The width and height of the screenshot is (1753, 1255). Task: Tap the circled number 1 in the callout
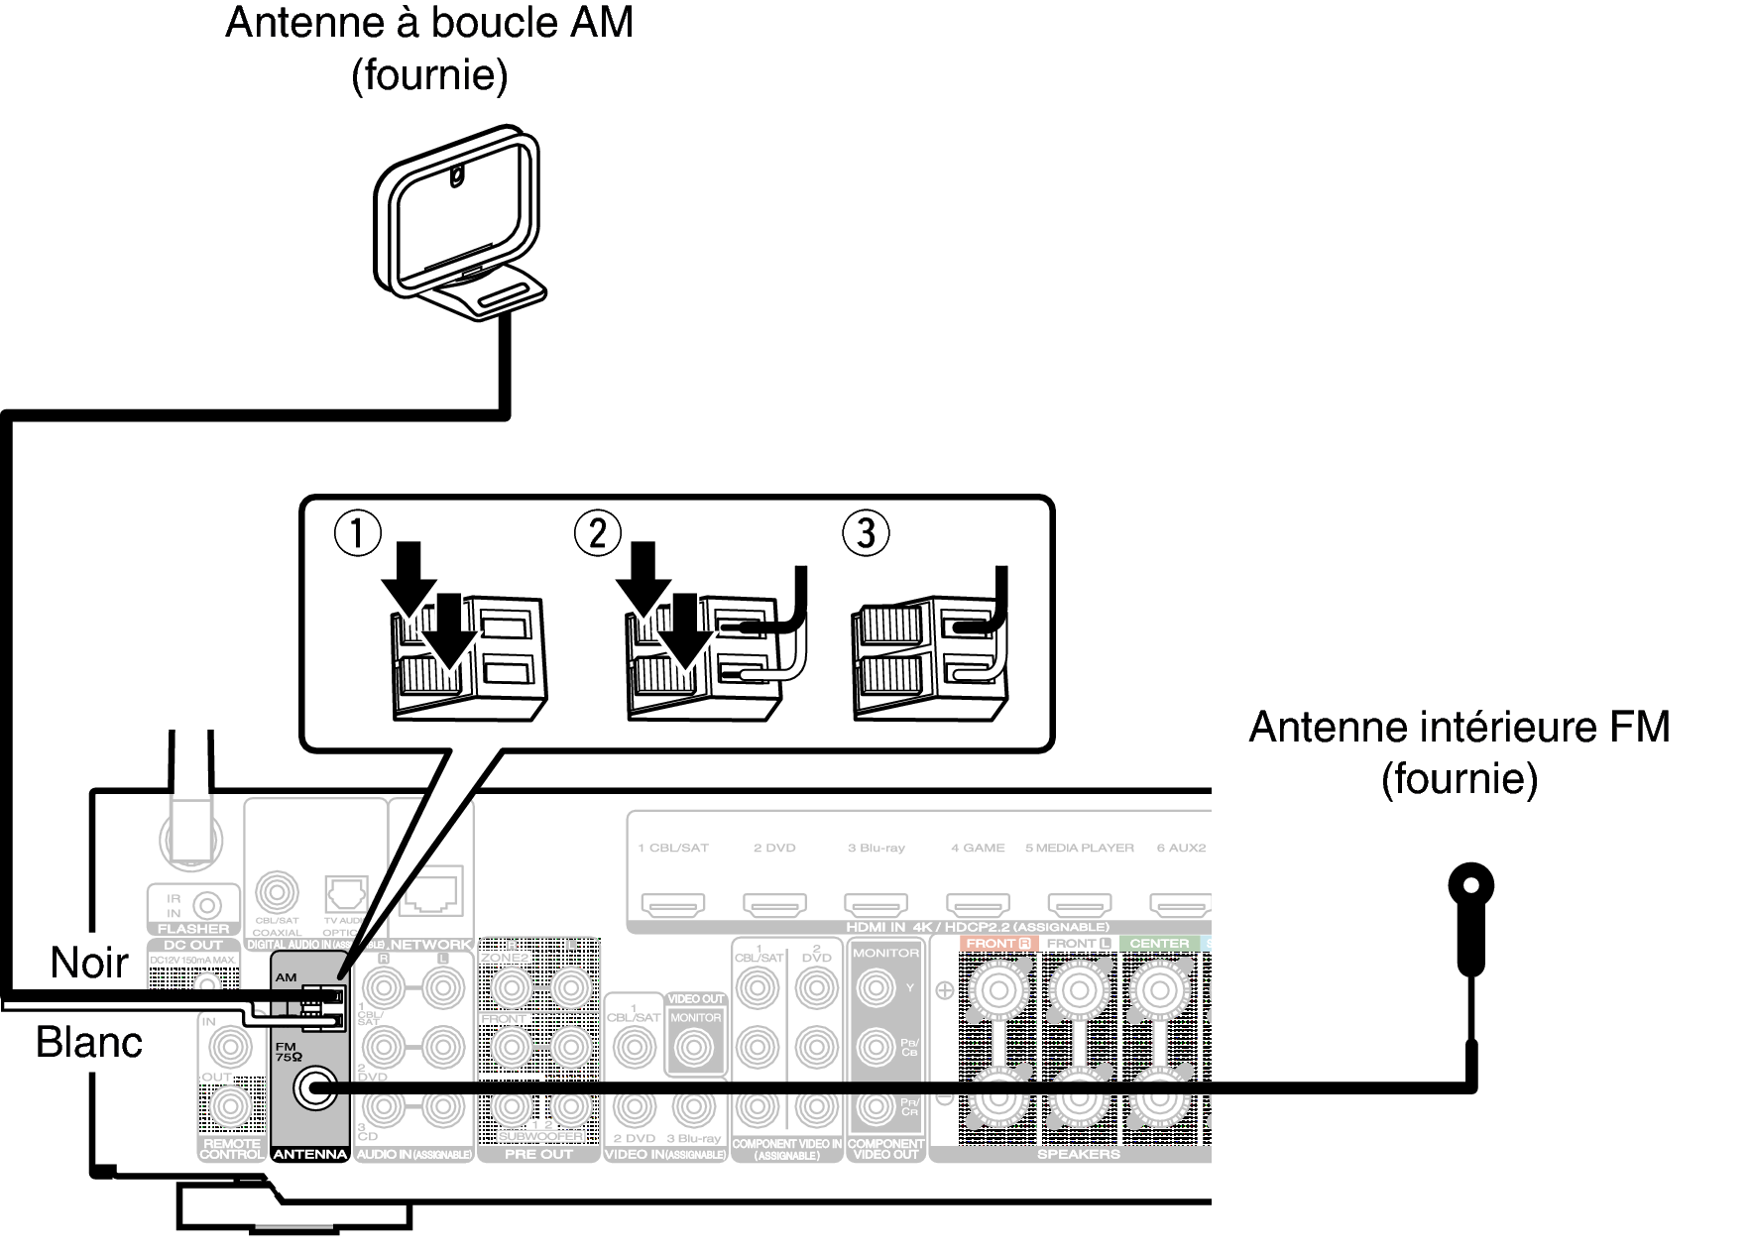tap(357, 533)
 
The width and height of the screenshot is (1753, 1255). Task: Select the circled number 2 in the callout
tap(597, 533)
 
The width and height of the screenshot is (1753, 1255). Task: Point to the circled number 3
tap(865, 533)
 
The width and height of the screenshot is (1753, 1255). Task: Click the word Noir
tap(89, 962)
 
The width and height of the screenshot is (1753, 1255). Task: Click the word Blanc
tap(89, 1042)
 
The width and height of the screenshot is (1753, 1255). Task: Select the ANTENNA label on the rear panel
tap(309, 1154)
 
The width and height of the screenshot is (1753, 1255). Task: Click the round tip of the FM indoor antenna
tap(1470, 884)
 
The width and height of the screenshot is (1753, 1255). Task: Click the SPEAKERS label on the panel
tap(1078, 1154)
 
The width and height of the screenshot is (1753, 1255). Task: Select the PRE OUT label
tap(538, 1154)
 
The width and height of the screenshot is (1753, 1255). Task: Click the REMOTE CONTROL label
tap(232, 1149)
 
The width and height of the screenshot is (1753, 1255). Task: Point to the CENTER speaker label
tap(1159, 944)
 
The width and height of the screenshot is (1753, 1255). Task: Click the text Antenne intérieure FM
tap(1459, 727)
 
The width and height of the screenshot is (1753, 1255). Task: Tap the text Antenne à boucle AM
tap(428, 22)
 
